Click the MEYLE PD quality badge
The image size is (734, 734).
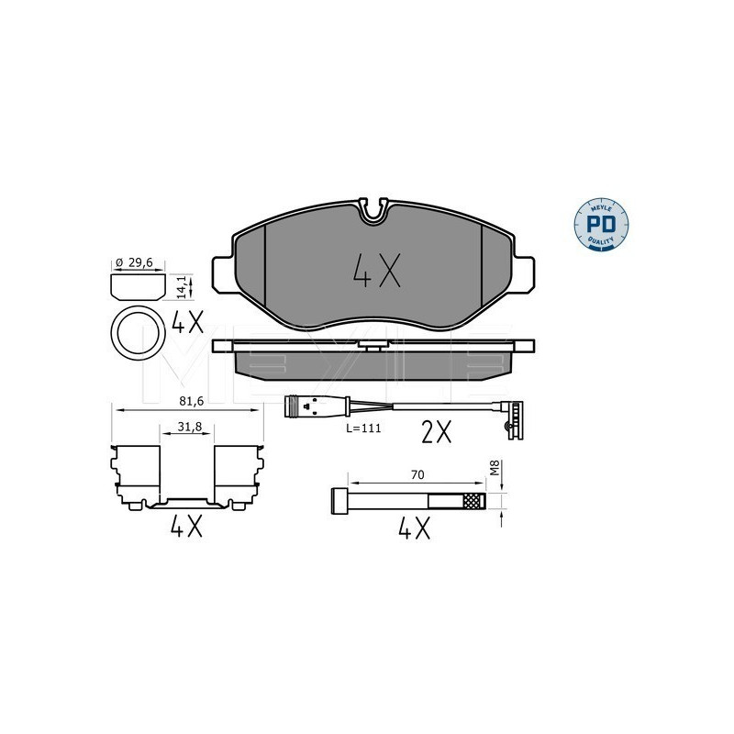click(601, 225)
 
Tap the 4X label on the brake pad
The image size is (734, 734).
click(377, 271)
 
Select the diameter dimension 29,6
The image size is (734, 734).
click(140, 262)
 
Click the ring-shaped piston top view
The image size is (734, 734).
click(139, 333)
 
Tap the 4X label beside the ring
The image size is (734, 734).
click(188, 323)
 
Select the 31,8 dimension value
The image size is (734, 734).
click(190, 427)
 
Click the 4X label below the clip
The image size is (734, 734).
click(186, 526)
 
